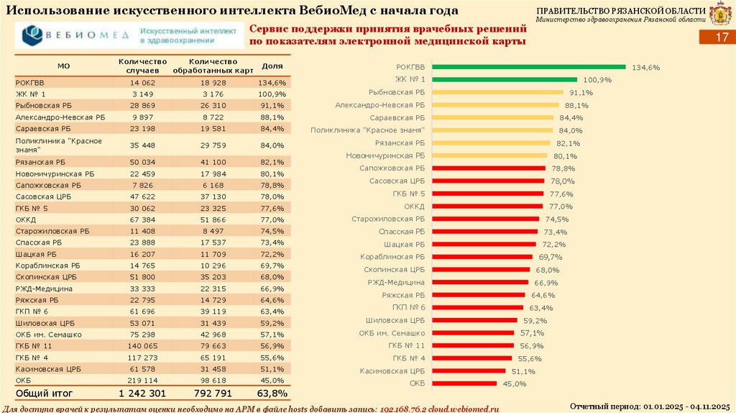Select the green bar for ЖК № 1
[503, 80]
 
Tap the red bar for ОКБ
[463, 383]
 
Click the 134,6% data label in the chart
[645, 68]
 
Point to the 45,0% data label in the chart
[515, 384]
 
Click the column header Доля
[272, 66]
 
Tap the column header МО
[63, 66]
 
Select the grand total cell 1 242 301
[142, 394]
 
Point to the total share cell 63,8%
[272, 394]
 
